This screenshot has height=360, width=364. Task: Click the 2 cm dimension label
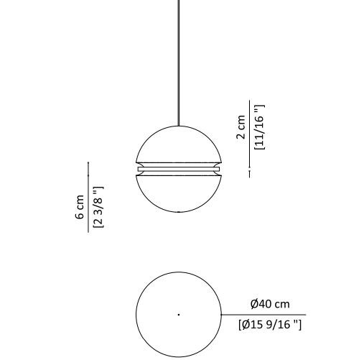[x=241, y=126]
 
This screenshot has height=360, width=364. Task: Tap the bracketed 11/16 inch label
[x=260, y=127]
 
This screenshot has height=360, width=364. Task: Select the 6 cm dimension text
[x=80, y=207]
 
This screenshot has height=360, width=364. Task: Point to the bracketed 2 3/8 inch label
[x=98, y=207]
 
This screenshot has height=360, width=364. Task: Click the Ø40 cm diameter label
[x=270, y=305]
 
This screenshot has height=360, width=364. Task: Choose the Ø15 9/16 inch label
[x=270, y=325]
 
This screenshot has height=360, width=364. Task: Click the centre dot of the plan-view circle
[x=179, y=314]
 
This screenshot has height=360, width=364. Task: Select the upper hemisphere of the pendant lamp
[x=179, y=144]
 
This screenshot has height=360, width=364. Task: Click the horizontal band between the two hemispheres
[x=179, y=170]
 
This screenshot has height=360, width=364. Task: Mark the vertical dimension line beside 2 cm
[x=250, y=137]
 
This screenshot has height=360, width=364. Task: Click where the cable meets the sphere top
[x=179, y=126]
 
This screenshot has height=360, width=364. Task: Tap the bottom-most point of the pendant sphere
[x=179, y=213]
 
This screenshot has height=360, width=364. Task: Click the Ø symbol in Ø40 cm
[x=254, y=305]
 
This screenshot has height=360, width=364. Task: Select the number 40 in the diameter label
[x=266, y=305]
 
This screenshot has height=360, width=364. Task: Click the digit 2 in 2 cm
[x=241, y=134]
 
